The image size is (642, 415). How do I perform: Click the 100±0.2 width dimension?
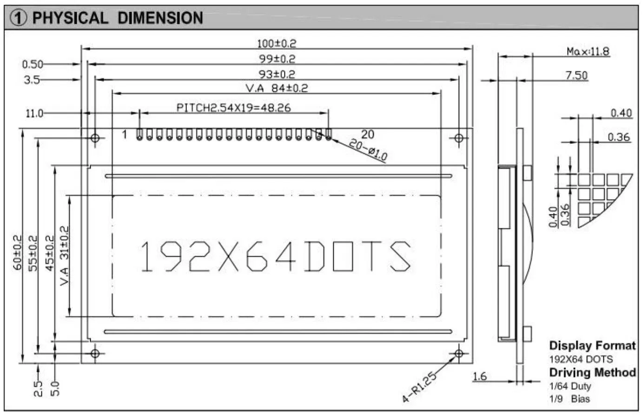277,44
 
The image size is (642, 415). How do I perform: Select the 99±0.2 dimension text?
277,59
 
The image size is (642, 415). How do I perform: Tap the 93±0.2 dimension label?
277,74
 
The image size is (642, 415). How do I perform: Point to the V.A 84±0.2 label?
277,88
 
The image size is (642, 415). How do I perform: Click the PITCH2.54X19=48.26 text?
233,108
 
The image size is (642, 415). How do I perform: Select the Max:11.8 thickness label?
588,51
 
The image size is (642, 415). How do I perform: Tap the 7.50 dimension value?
576,75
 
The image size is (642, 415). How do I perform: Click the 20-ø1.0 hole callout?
368,150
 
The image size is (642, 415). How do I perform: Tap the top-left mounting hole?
95,138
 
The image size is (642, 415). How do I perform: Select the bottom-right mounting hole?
459,354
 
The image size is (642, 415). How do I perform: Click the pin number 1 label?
125,135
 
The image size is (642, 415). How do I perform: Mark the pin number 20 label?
367,134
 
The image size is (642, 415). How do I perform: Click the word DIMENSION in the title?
160,18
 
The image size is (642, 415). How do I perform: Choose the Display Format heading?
592,346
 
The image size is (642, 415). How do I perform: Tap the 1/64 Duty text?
570,386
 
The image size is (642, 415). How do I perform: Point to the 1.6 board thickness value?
479,376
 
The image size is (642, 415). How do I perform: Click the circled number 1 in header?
19,18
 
